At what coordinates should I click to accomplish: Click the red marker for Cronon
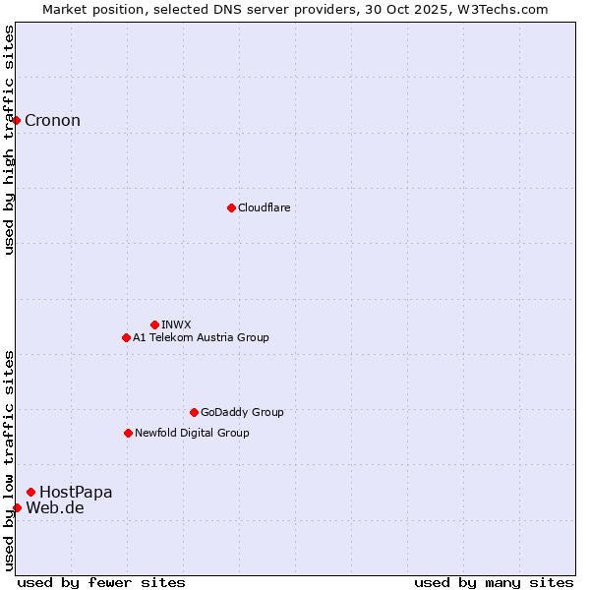pos(17,121)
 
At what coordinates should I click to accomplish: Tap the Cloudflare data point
pos(231,207)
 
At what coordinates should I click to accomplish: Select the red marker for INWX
pos(154,324)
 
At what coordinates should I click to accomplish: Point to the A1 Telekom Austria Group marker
pos(126,337)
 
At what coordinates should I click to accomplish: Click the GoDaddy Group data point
pos(194,412)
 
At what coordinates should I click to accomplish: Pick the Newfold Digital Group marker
pos(128,433)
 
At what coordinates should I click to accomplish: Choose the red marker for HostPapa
pos(31,492)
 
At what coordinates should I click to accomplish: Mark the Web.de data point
pos(17,507)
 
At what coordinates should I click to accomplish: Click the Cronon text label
pos(52,121)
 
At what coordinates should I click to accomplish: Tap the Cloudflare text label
pos(264,207)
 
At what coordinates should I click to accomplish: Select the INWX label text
pos(176,324)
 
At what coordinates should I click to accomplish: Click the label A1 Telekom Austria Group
pos(201,337)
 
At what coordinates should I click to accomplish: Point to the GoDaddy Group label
pos(242,412)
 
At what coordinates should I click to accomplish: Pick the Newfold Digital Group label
pos(192,433)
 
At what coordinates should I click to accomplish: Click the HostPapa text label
pos(76,492)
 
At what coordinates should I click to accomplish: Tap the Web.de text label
pos(55,507)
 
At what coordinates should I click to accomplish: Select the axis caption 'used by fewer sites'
pos(101,582)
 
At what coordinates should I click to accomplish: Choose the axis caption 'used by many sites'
pos(494,582)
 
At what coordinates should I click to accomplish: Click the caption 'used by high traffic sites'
pos(9,140)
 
